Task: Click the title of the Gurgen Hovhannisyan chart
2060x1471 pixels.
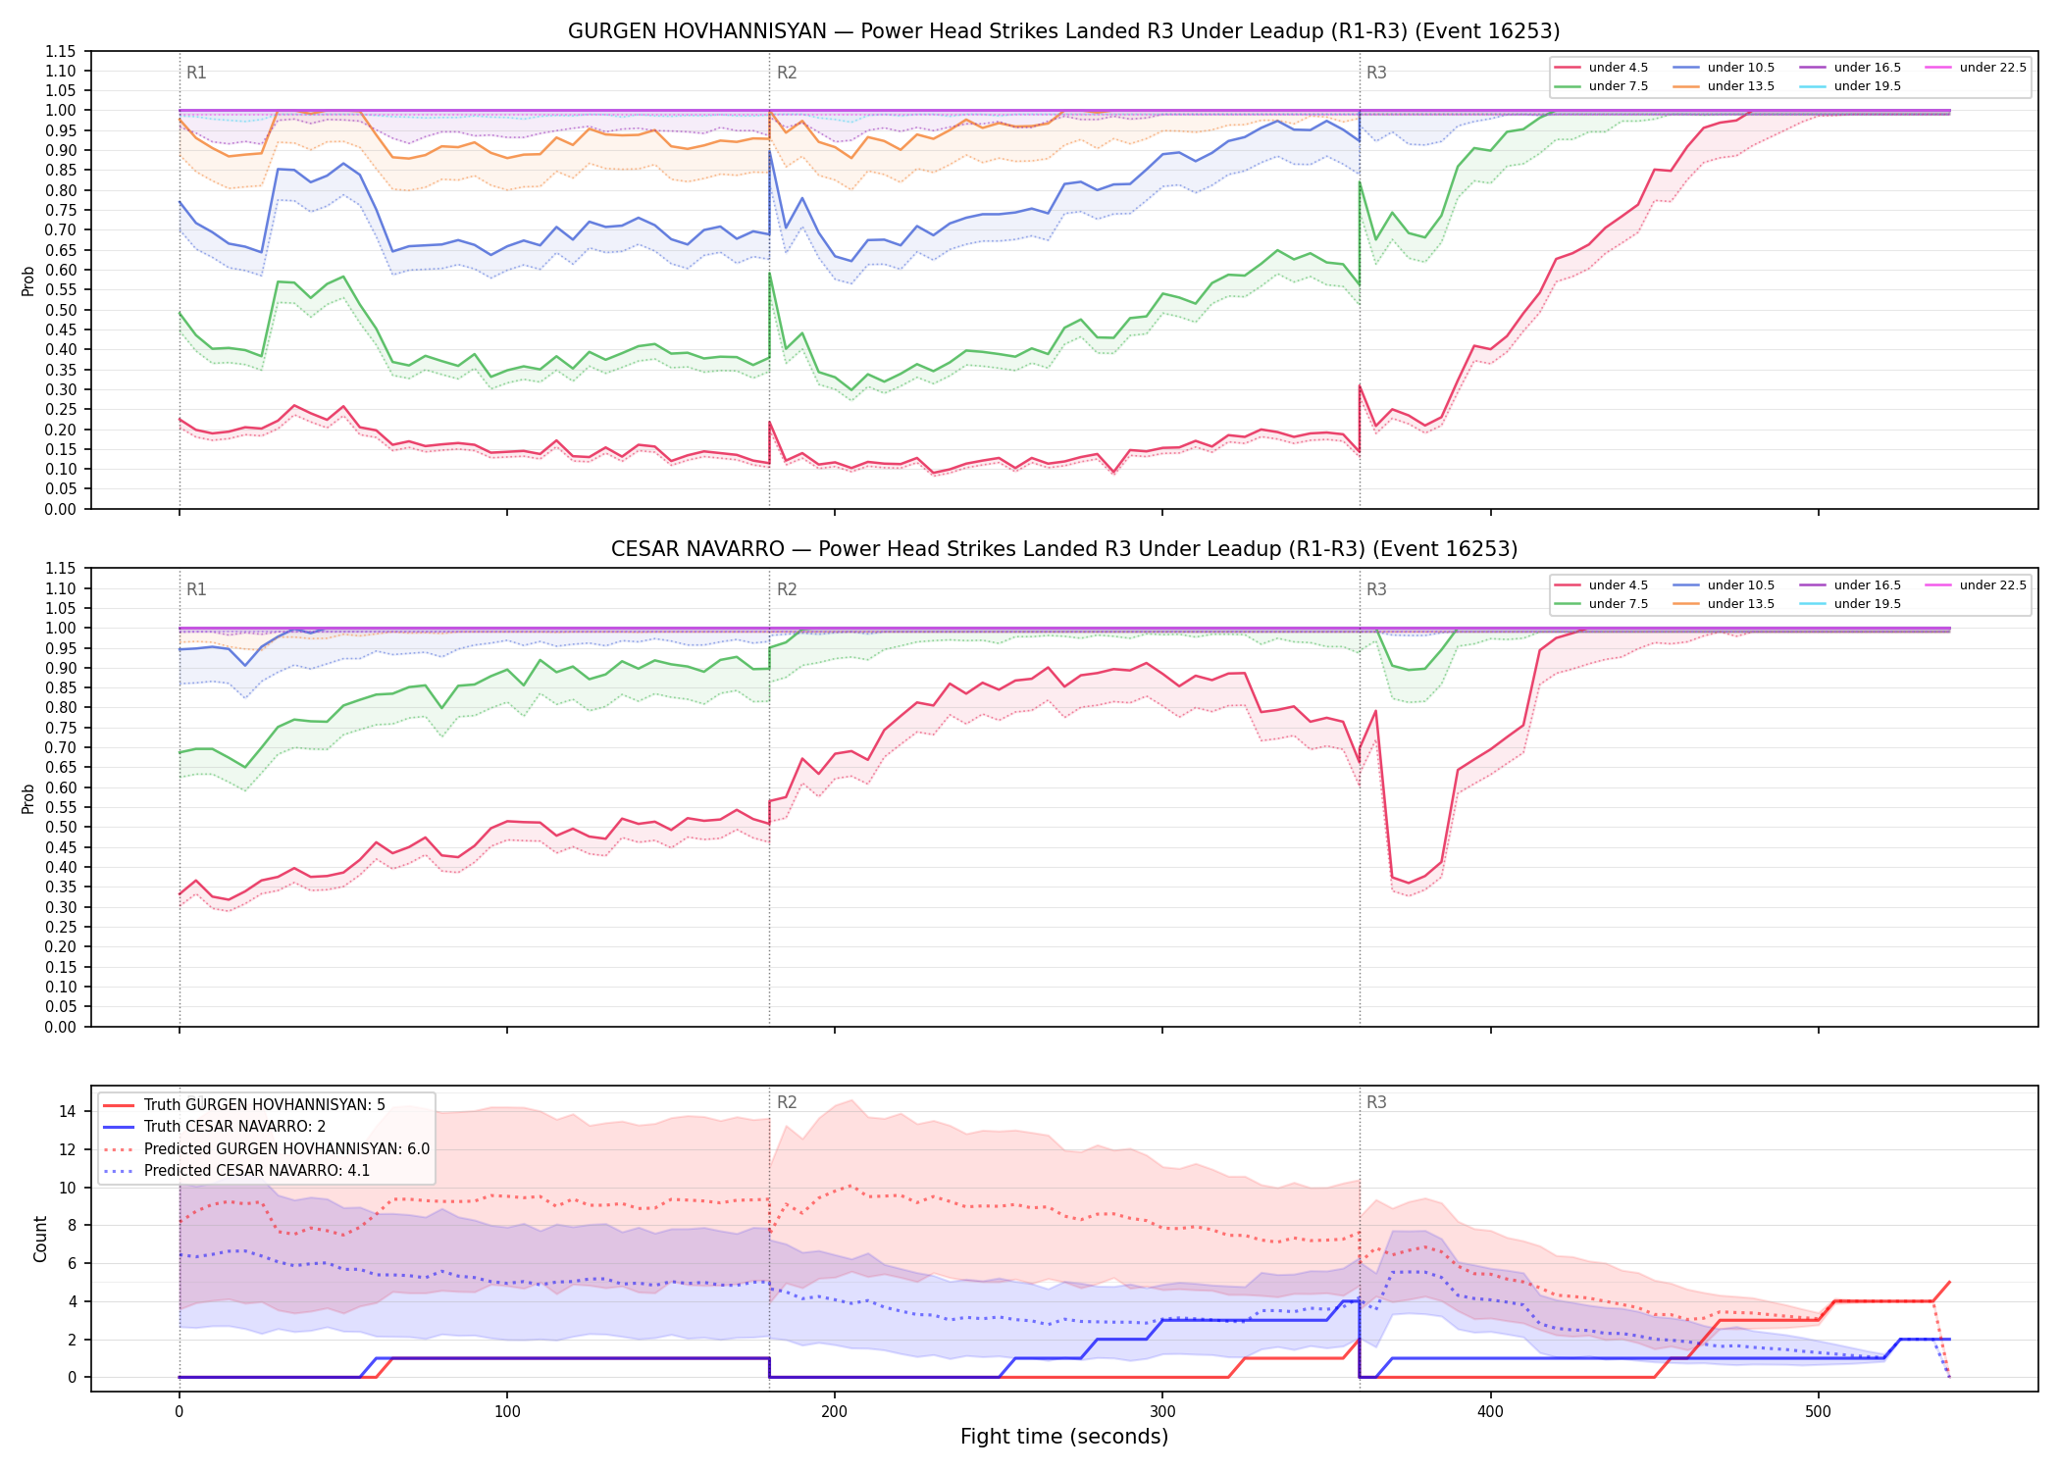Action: pos(1063,31)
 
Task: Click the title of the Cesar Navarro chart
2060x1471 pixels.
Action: pos(1063,549)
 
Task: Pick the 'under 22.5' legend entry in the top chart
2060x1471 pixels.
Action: pos(1976,68)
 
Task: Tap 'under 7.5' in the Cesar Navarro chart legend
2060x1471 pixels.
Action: pos(1602,604)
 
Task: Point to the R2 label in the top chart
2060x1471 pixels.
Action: pos(787,73)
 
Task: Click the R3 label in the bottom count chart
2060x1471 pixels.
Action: pos(1376,1102)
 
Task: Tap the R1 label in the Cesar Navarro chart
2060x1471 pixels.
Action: pos(196,589)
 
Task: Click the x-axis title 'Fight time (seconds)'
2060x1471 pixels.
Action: pos(1064,1437)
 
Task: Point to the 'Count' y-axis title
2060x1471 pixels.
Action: pos(40,1239)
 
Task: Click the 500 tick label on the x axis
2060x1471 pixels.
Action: pos(1818,1412)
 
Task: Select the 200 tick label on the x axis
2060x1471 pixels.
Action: pos(834,1412)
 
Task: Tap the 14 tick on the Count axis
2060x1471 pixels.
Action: pos(68,1111)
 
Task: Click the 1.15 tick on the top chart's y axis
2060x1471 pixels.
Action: pos(61,51)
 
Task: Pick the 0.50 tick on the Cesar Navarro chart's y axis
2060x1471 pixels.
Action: pos(61,828)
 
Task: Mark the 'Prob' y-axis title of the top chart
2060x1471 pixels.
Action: pos(28,280)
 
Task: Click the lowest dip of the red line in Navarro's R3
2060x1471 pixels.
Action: pos(1409,883)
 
